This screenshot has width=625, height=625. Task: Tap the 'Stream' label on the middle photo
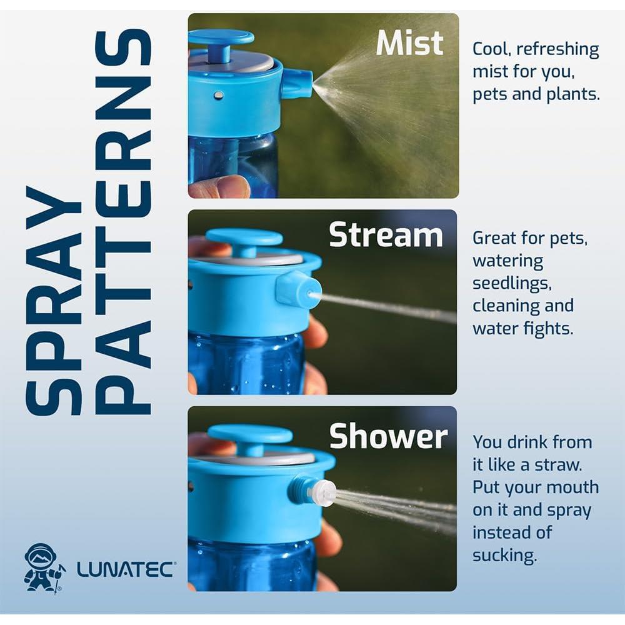(x=386, y=236)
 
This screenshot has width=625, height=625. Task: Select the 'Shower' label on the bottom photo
(x=388, y=436)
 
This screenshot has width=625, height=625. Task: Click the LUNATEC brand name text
(x=126, y=569)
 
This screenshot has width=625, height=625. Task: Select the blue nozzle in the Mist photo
(x=297, y=84)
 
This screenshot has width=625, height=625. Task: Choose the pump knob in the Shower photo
(x=250, y=435)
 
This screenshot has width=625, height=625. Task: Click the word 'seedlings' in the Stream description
(x=511, y=284)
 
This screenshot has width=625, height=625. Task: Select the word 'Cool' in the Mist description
(x=492, y=49)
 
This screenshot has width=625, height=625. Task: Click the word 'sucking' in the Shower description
(x=504, y=555)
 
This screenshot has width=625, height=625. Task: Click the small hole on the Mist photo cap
(x=218, y=95)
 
